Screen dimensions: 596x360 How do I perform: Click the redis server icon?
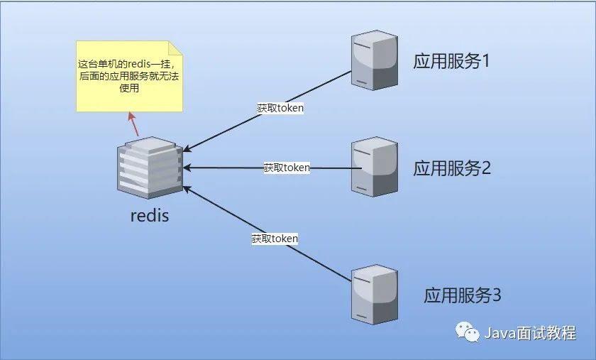click(x=150, y=168)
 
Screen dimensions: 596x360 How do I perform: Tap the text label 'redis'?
click(x=150, y=215)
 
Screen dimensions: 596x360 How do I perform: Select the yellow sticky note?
click(x=129, y=77)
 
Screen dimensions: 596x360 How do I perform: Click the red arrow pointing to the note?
click(x=133, y=124)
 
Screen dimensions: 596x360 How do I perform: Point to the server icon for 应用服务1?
click(x=375, y=60)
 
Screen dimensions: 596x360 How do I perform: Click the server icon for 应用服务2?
click(x=375, y=167)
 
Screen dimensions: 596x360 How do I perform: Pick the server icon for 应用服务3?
click(x=375, y=295)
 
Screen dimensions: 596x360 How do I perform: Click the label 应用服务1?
click(x=451, y=61)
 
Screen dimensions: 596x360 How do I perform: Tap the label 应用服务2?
click(x=452, y=168)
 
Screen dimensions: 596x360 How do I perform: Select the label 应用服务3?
click(x=462, y=295)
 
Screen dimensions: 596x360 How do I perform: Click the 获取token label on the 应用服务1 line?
click(x=280, y=108)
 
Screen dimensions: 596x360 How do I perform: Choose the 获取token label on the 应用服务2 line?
click(x=287, y=168)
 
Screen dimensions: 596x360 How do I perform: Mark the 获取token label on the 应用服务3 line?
click(x=275, y=239)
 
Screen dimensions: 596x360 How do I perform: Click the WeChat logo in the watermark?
click(x=467, y=332)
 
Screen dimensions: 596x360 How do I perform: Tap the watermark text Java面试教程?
click(x=530, y=333)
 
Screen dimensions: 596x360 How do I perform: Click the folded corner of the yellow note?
click(x=176, y=48)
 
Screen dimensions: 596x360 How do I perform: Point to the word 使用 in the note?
click(x=129, y=88)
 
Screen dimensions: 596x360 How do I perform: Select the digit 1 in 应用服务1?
click(x=485, y=61)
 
